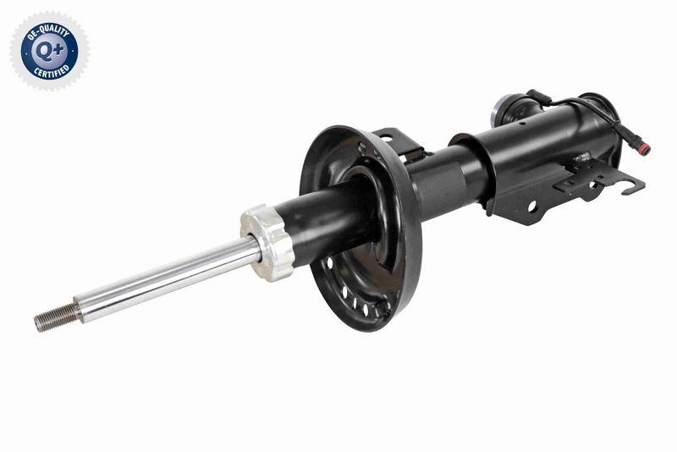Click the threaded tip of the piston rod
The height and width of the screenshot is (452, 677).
pyautogui.click(x=55, y=317)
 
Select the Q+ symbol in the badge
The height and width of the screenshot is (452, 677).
pyautogui.click(x=48, y=51)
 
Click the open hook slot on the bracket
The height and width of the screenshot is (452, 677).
pyautogui.click(x=630, y=184)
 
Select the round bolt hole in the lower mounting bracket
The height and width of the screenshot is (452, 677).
pyautogui.click(x=532, y=206)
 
